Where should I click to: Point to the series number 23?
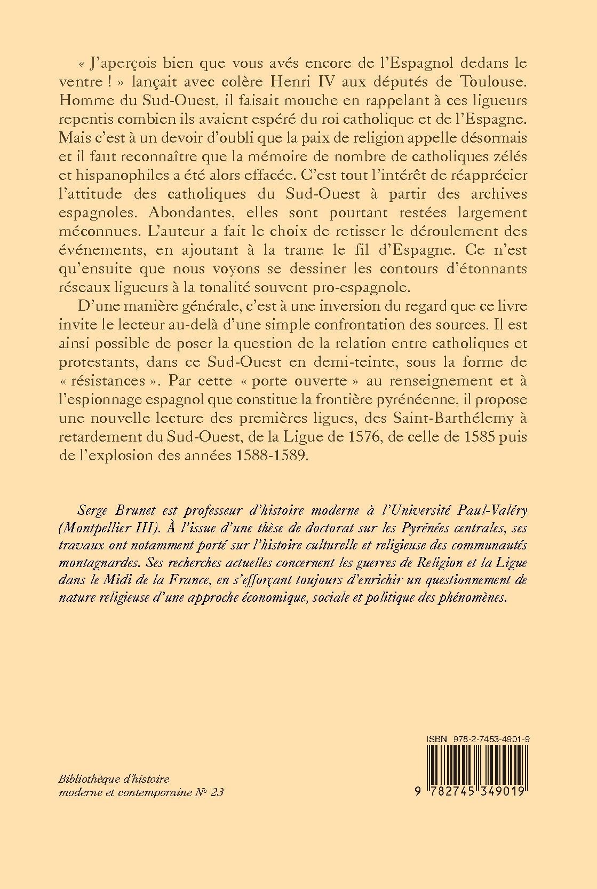(x=217, y=792)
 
